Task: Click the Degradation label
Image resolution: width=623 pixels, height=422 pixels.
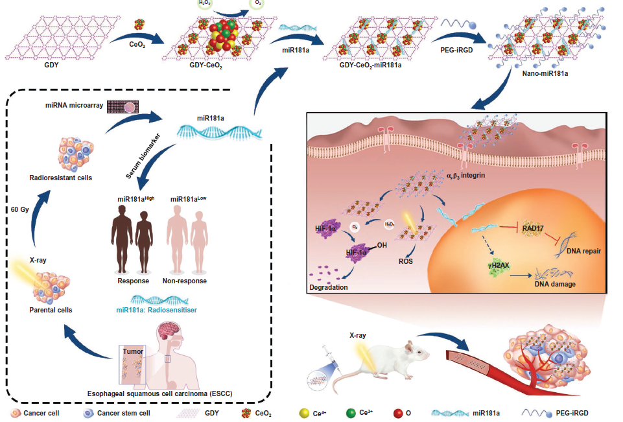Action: click(329, 287)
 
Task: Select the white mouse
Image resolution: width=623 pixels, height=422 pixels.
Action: click(395, 363)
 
